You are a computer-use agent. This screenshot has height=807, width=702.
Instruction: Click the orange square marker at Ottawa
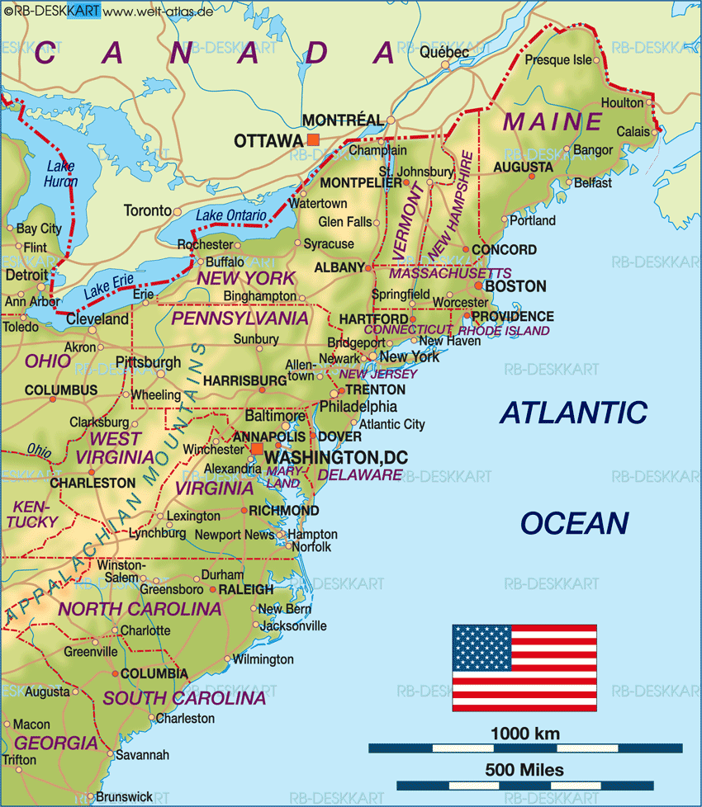(x=312, y=140)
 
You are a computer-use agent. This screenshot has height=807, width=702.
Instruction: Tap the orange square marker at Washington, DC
(x=257, y=449)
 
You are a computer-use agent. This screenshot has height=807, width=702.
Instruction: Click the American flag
(x=524, y=668)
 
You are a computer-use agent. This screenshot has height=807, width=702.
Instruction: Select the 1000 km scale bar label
(x=524, y=734)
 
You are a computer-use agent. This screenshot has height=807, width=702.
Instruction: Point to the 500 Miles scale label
(x=524, y=770)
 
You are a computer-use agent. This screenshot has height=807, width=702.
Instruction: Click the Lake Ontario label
(x=231, y=215)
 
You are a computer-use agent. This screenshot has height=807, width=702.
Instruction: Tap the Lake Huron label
(x=61, y=174)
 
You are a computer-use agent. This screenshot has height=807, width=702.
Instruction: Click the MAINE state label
(x=553, y=122)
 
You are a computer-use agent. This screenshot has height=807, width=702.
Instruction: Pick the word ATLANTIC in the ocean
(x=574, y=412)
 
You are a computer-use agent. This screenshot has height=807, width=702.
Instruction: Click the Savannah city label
(x=142, y=754)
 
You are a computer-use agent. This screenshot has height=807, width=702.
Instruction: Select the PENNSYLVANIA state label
(x=240, y=318)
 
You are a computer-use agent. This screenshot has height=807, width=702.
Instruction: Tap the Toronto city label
(x=147, y=210)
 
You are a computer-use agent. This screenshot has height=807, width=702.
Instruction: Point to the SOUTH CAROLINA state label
(x=184, y=698)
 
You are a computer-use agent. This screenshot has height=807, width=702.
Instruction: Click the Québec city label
(x=444, y=52)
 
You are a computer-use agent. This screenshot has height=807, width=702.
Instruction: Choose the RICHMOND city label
(x=283, y=511)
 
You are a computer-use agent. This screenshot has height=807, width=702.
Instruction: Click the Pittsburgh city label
(x=148, y=362)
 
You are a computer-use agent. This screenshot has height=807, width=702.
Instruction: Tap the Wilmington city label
(x=263, y=659)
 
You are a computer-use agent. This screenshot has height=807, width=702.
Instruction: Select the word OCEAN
(x=574, y=523)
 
